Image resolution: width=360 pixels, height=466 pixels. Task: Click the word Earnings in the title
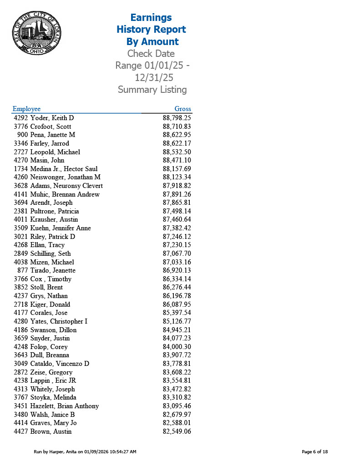point(151,18)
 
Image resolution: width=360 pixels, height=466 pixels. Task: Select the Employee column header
point(26,109)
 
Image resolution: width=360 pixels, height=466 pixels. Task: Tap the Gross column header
point(183,109)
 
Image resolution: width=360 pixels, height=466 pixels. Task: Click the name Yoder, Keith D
point(52,118)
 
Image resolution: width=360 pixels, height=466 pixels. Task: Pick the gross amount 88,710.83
point(177,127)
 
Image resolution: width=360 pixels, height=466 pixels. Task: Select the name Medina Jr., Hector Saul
point(64,169)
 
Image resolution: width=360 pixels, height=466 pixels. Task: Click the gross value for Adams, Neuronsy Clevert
point(177,186)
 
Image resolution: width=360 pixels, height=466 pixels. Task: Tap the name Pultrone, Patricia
point(55,211)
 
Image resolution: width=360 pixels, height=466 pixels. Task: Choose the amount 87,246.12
point(177,237)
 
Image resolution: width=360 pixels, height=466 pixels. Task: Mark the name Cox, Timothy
point(51,279)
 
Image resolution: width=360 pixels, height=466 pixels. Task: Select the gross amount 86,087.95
point(177,304)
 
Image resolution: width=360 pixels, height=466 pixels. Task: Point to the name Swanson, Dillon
point(53,330)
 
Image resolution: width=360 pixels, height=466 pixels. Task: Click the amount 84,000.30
point(177,347)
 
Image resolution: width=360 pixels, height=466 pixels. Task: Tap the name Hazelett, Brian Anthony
point(64,406)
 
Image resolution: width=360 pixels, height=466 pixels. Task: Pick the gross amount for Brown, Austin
point(177,431)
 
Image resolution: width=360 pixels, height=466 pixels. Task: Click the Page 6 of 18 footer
point(315,452)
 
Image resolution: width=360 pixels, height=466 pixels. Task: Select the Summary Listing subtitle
point(152,90)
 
